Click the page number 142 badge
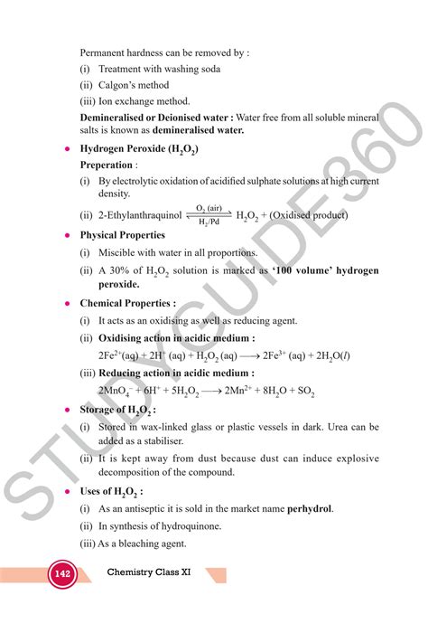[62, 574]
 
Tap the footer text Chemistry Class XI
[154, 572]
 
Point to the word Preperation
[106, 165]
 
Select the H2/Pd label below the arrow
[209, 222]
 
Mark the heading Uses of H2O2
[116, 492]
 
